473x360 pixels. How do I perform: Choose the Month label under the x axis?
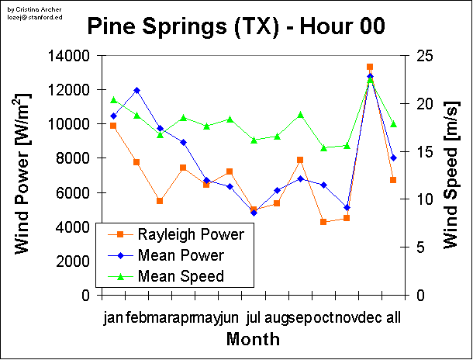coord(253,340)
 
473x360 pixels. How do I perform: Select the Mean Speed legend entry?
coord(180,275)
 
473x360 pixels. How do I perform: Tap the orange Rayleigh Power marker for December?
coord(370,67)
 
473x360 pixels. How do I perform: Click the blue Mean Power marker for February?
coord(136,90)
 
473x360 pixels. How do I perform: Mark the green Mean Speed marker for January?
coord(113,99)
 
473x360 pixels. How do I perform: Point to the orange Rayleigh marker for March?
coord(160,201)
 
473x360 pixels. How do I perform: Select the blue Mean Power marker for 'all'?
coord(393,157)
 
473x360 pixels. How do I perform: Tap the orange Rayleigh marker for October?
coord(323,222)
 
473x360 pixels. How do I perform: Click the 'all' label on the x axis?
coord(393,317)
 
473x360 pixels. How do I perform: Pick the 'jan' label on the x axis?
coord(113,317)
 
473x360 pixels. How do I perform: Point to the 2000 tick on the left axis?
coord(74,261)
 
